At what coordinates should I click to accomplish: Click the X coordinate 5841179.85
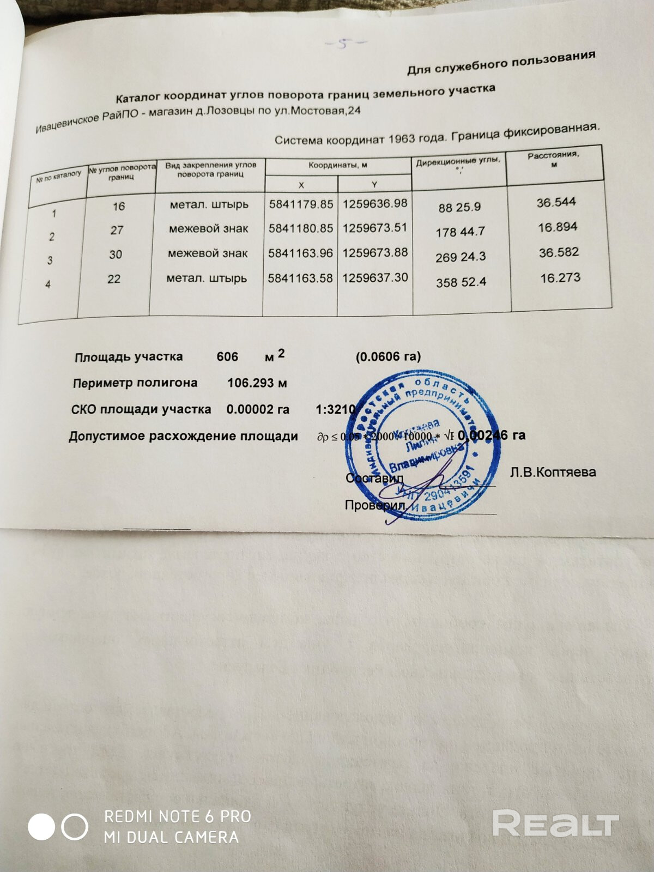point(301,204)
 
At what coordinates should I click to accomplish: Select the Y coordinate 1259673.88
point(375,252)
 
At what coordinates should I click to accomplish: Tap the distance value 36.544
point(556,202)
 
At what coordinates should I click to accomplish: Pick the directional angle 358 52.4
point(461,282)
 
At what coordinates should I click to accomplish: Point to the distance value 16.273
point(560,278)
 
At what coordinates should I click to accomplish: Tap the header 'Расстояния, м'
point(553,159)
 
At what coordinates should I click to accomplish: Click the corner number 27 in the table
point(117,230)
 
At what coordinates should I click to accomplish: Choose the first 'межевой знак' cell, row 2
point(208,229)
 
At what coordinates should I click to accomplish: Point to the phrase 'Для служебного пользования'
point(501,63)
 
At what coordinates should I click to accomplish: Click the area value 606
point(227,356)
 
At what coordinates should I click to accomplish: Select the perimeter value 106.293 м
point(257,383)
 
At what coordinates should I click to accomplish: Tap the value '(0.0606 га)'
point(388,356)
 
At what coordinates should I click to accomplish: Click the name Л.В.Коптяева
point(553,472)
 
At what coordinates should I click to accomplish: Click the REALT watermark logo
point(555,822)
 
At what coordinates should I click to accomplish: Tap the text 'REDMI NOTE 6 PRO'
point(178,816)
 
